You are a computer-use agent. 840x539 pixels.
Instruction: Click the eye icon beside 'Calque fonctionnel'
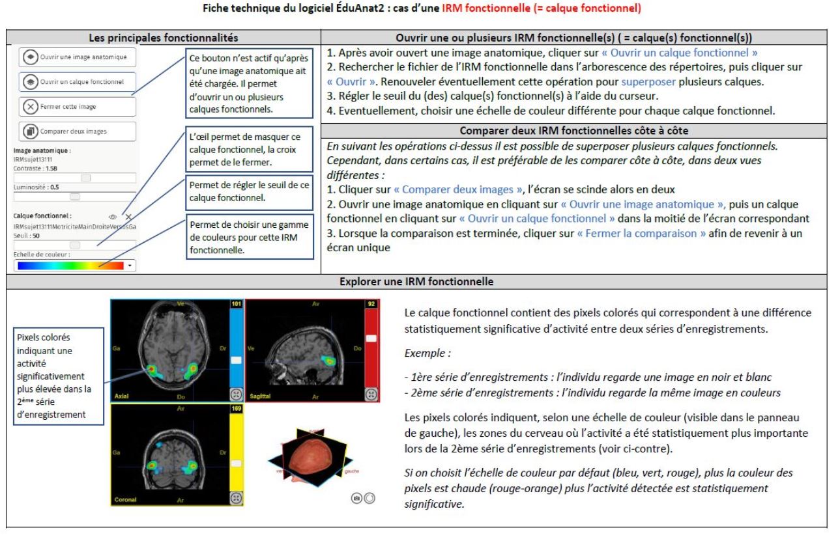113,216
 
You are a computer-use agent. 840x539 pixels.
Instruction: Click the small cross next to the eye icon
128,216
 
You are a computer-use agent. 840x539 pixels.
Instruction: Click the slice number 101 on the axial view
237,304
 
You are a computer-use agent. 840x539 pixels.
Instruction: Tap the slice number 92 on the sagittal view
371,304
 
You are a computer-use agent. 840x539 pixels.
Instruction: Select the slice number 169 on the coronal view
237,408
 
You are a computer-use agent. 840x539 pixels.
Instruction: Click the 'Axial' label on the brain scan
122,395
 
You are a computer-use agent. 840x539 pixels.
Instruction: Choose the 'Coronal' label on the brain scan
126,499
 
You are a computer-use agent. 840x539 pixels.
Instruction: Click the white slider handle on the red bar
371,339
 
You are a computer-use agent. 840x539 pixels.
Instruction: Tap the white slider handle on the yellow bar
237,452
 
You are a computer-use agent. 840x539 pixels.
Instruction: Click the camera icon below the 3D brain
356,497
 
